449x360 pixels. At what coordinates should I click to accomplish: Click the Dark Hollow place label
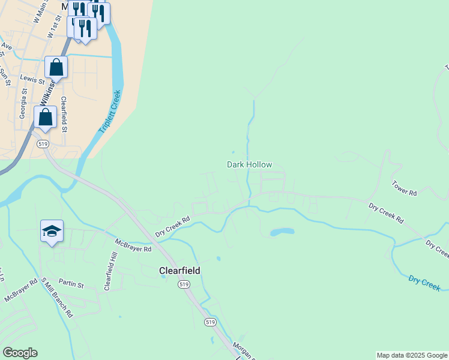pyautogui.click(x=249, y=164)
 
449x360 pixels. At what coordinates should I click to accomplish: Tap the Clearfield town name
pyautogui.click(x=179, y=271)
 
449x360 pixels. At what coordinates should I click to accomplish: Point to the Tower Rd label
pyautogui.click(x=404, y=188)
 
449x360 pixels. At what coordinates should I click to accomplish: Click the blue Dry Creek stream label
pyautogui.click(x=424, y=283)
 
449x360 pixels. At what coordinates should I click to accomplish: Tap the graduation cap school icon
pyautogui.click(x=52, y=231)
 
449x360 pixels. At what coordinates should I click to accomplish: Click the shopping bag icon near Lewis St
pyautogui.click(x=56, y=67)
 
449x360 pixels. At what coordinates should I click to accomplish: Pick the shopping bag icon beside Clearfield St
pyautogui.click(x=46, y=117)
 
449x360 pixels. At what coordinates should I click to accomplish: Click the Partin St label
pyautogui.click(x=71, y=282)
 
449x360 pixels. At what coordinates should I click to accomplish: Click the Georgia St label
pyautogui.click(x=23, y=104)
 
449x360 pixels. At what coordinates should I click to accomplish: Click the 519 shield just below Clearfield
pyautogui.click(x=184, y=284)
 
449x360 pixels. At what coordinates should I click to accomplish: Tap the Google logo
pyautogui.click(x=20, y=353)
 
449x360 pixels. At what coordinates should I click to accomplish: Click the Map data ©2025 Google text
pyautogui.click(x=411, y=355)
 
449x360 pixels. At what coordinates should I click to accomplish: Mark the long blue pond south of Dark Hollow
pyautogui.click(x=282, y=232)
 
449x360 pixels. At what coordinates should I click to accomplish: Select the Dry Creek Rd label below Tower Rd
pyautogui.click(x=386, y=213)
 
